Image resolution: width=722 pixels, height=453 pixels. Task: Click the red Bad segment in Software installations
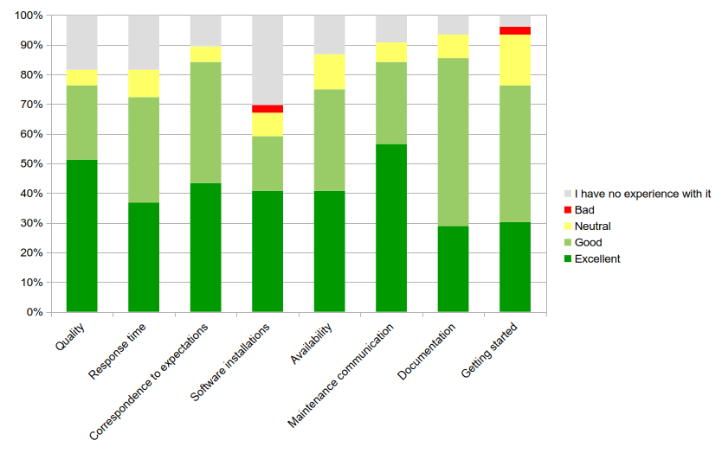pos(268,109)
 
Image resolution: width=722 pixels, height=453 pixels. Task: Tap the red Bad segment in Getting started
pos(515,30)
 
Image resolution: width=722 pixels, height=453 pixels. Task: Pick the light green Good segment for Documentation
pos(453,142)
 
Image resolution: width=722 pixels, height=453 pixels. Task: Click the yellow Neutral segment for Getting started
pos(515,60)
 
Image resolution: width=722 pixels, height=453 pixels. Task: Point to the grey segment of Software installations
pos(268,60)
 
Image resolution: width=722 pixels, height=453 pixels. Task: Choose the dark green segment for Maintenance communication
pos(391,227)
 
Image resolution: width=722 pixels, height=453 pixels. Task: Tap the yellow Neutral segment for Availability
pos(329,72)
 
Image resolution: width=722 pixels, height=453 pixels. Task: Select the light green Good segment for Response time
pos(144,150)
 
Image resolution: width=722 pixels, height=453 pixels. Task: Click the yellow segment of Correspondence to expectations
pos(205,54)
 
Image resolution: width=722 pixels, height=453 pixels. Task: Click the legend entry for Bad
pos(586,210)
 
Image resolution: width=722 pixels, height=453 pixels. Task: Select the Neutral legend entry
pos(592,226)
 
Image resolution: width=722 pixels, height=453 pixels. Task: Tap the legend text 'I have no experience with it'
pos(642,194)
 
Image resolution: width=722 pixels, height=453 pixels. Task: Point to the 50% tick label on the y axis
pos(29,163)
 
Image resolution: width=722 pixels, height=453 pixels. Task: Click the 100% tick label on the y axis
pos(27,16)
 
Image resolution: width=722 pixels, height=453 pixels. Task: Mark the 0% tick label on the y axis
pos(32,312)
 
